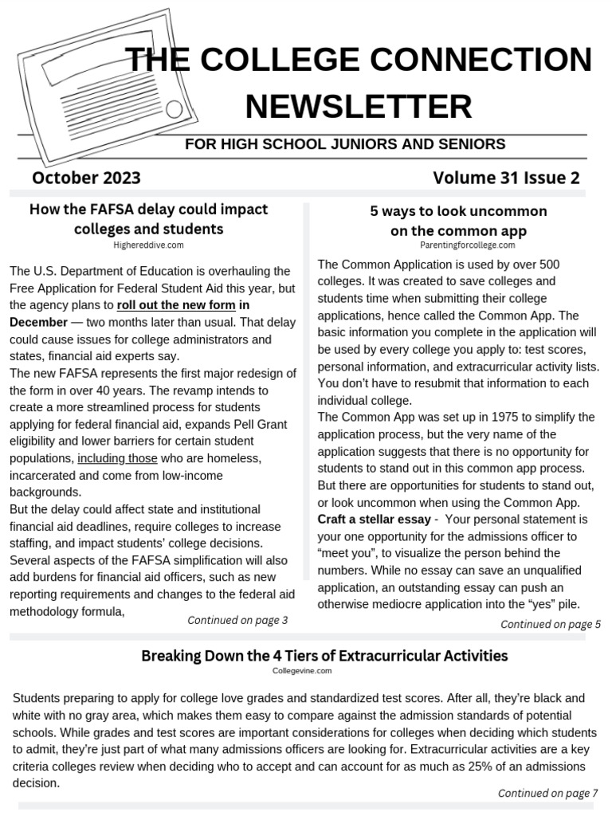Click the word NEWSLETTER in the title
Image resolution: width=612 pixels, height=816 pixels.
coord(359,106)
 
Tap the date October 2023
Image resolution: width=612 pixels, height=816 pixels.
coord(87,177)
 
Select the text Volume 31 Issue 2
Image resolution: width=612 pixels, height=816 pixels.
coord(506,177)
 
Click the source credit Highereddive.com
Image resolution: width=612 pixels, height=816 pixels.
coord(148,245)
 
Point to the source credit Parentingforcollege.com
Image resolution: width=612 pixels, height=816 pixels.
coord(458,245)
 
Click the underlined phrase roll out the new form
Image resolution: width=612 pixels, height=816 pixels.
coord(176,305)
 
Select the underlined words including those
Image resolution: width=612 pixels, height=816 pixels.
coord(117,458)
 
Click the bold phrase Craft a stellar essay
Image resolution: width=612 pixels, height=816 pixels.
coord(373,519)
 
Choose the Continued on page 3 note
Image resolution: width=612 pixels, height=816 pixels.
coord(237,620)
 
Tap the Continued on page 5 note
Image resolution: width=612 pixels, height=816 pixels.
coord(551,624)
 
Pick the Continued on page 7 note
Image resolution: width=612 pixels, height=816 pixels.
coord(547,793)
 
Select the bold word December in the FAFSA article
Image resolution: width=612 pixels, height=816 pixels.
coord(38,322)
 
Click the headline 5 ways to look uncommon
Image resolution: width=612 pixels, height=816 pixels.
coord(458,212)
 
